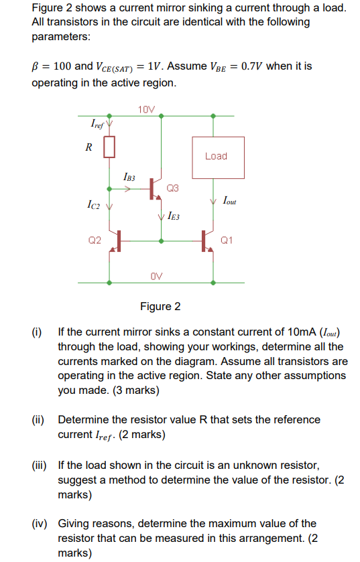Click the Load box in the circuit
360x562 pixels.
click(x=216, y=157)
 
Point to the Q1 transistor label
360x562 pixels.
click(x=227, y=240)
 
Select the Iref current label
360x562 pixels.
click(x=97, y=124)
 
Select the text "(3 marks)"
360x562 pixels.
click(x=135, y=390)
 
